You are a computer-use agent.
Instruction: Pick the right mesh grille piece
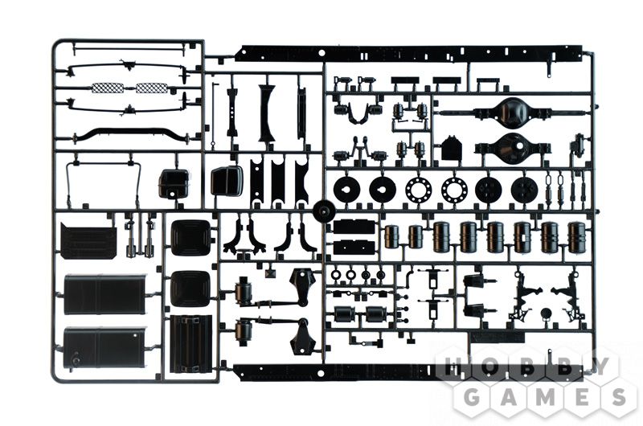pyautogui.click(x=152, y=88)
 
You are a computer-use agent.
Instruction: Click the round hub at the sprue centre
pyautogui.click(x=324, y=211)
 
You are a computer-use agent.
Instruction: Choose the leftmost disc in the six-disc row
pyautogui.click(x=346, y=190)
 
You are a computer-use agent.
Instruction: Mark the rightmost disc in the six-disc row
pyautogui.click(x=525, y=190)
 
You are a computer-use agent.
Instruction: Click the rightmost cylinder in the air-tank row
pyautogui.click(x=578, y=236)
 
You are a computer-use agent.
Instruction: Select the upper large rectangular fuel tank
pyautogui.click(x=104, y=294)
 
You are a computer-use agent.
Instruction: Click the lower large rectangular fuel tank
pyautogui.click(x=104, y=348)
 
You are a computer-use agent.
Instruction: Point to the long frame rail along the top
pyautogui.click(x=410, y=54)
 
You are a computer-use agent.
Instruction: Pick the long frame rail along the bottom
pyautogui.click(x=410, y=372)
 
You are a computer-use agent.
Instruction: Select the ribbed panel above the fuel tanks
pyautogui.click(x=88, y=240)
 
